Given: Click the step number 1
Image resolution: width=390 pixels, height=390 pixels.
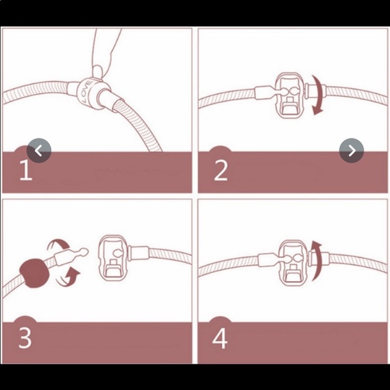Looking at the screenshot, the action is click(x=26, y=170).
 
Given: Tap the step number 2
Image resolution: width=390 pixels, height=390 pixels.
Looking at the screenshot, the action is click(x=221, y=170).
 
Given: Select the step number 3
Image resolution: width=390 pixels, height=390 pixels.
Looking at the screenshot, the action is click(x=25, y=338).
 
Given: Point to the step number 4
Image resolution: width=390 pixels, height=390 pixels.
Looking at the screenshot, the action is click(x=220, y=338).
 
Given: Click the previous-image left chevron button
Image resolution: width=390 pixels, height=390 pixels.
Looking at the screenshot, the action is click(x=39, y=151).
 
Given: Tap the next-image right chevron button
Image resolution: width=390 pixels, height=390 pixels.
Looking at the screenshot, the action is click(x=352, y=151).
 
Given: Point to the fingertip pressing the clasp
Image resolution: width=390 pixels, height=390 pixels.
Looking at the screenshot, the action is click(x=97, y=71).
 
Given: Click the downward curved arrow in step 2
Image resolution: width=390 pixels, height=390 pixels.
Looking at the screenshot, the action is click(x=319, y=95).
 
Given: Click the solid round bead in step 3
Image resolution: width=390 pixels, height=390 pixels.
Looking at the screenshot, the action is click(x=34, y=273).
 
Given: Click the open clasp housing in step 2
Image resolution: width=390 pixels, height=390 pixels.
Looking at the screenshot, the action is click(x=290, y=95).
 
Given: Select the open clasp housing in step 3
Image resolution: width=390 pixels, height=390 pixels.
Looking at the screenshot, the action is click(x=114, y=258).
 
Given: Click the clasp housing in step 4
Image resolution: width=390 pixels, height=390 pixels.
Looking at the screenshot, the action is click(x=293, y=263).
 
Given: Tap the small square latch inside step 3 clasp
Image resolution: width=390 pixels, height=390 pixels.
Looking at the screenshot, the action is click(x=113, y=262).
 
